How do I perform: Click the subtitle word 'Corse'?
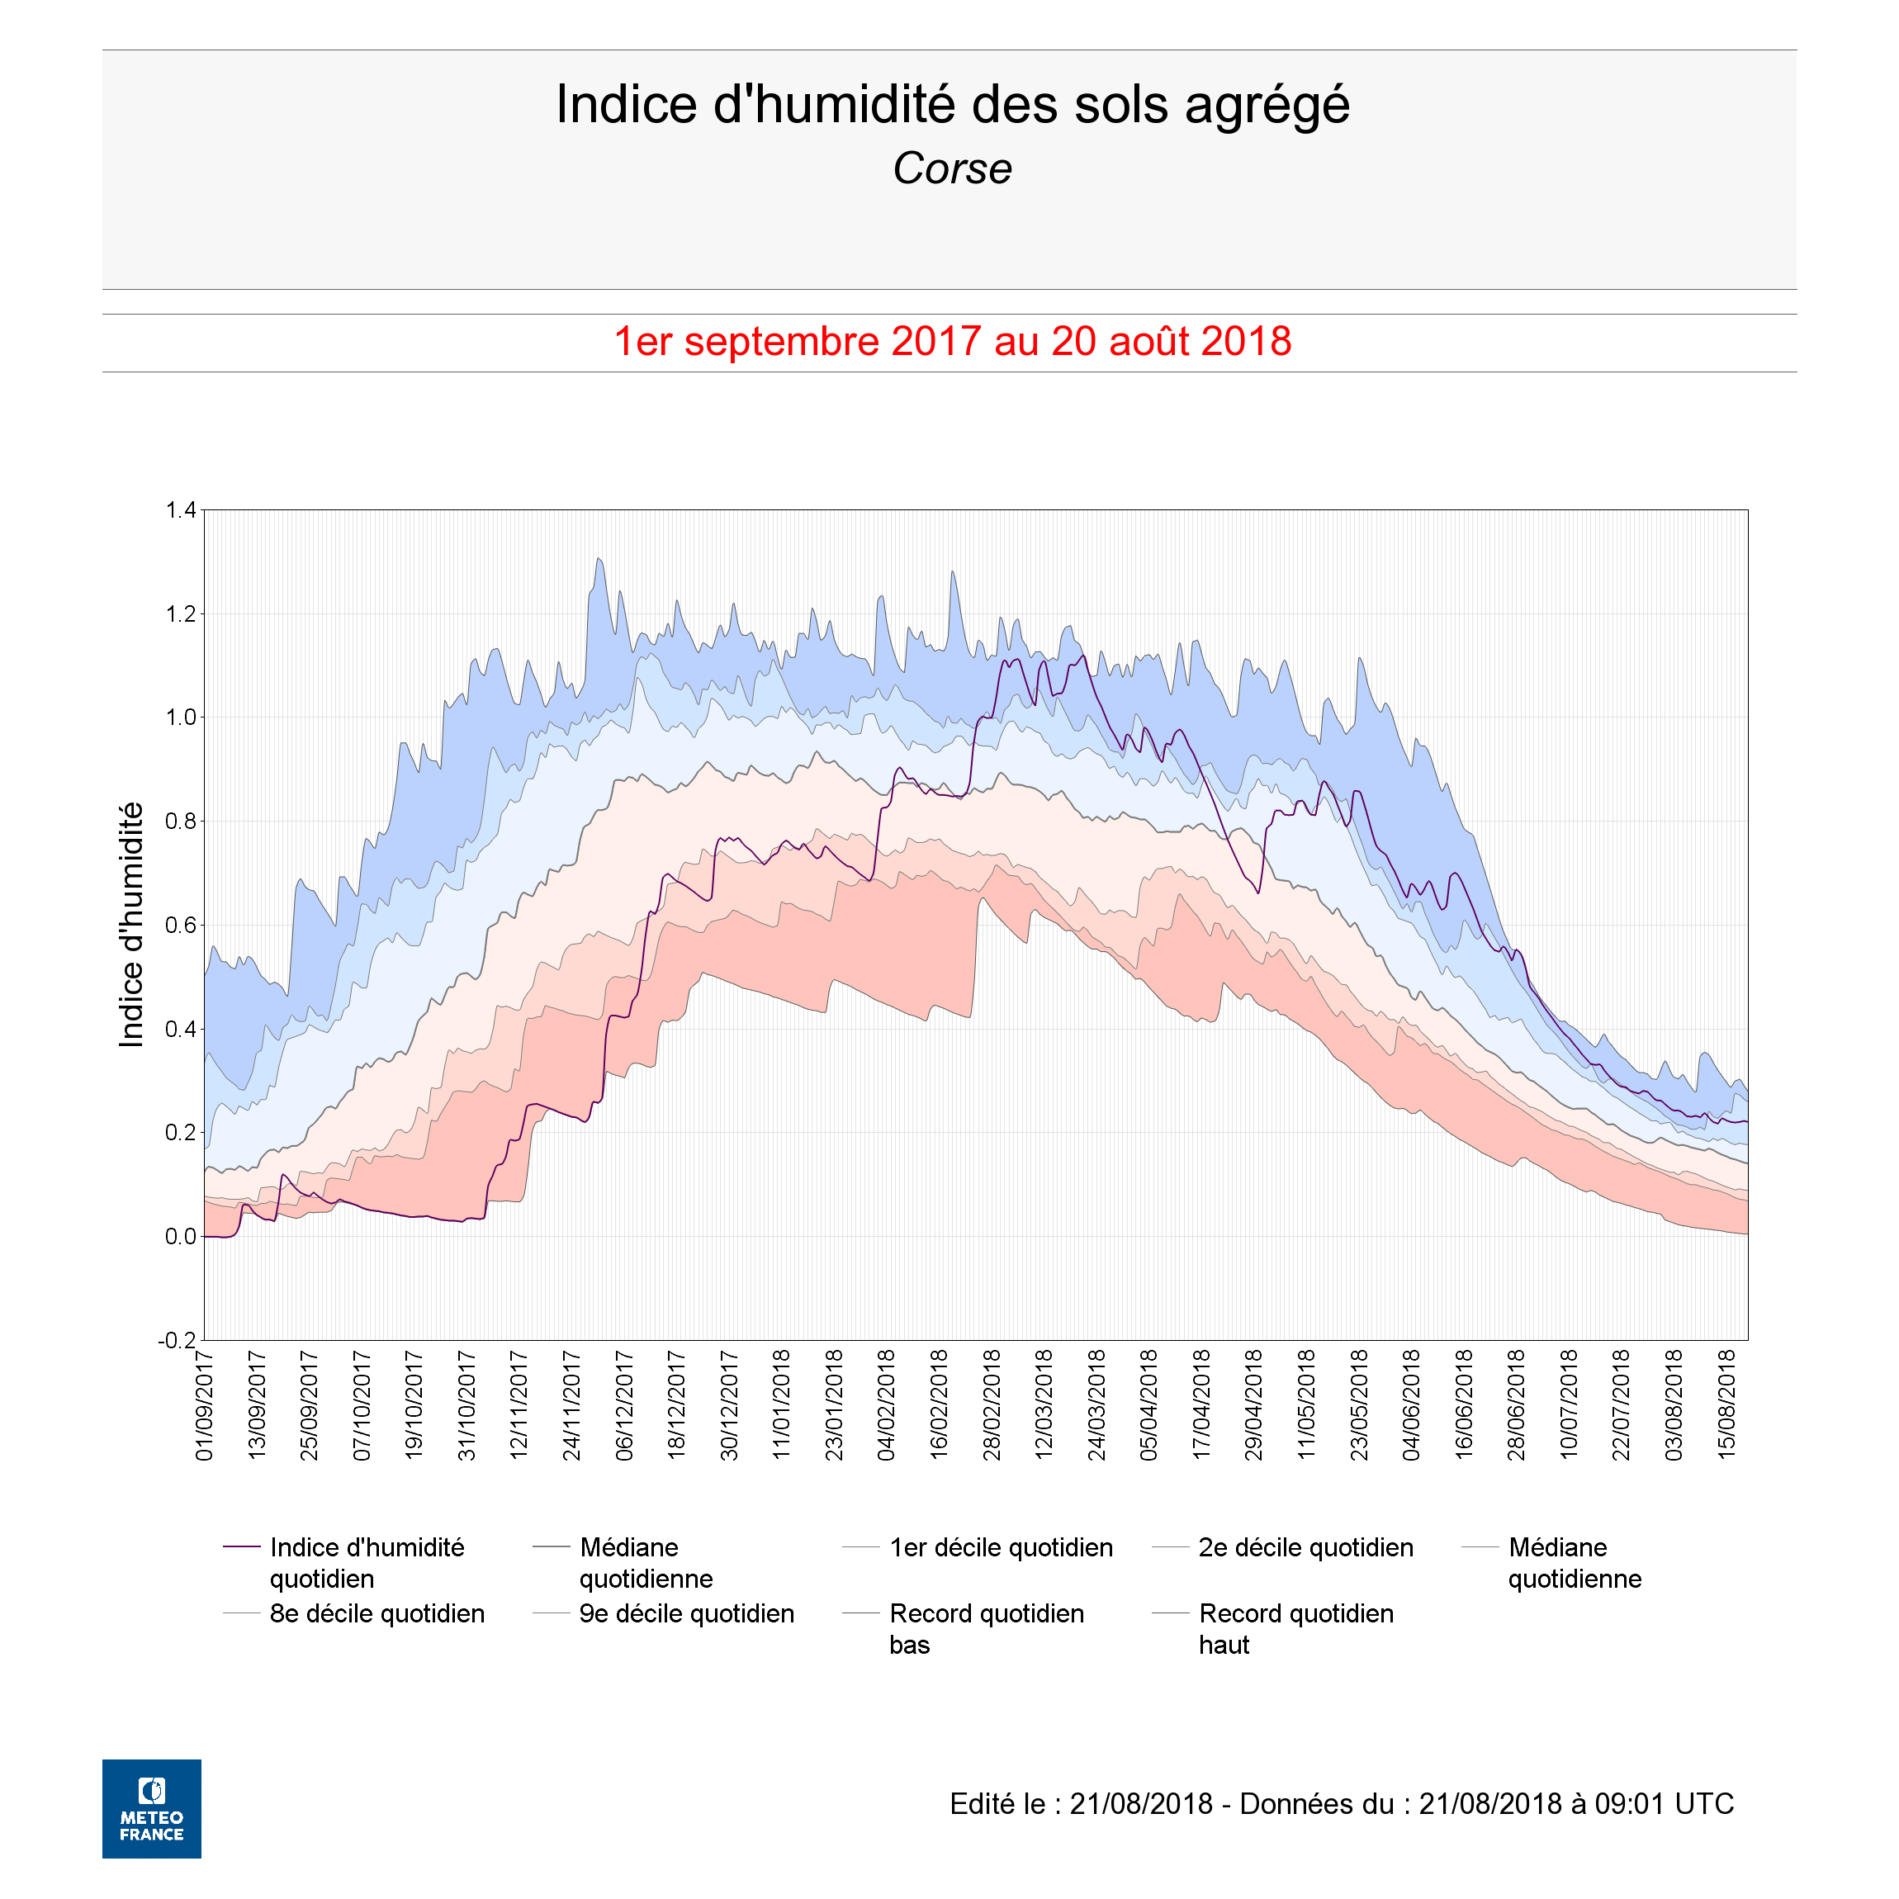[951, 168]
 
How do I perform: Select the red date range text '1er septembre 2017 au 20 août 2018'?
[951, 341]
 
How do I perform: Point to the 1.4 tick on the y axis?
[181, 510]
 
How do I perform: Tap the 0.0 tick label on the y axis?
[181, 1237]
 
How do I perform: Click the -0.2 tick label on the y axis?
[177, 1341]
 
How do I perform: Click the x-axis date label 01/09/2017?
[205, 1405]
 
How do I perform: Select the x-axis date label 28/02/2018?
[992, 1405]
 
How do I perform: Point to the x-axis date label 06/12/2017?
[624, 1405]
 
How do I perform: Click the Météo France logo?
[151, 1808]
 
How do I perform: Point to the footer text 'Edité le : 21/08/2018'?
[1082, 1805]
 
